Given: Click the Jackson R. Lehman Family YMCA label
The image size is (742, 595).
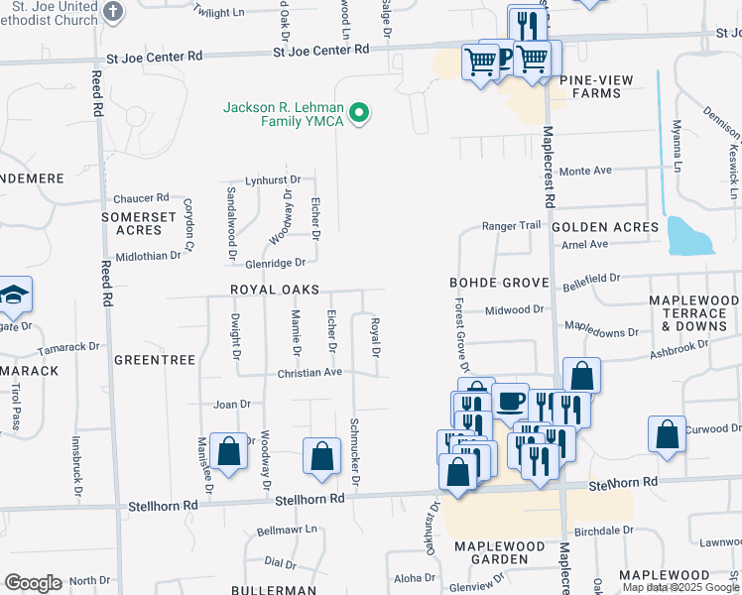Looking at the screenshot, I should (284, 114).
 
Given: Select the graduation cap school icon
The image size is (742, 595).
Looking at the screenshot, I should (14, 294).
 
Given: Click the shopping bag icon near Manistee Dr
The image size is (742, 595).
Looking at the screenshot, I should (229, 452).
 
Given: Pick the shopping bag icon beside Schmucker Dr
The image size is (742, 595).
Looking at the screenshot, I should (322, 456).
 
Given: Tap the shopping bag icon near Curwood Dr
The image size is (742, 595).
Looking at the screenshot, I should (667, 433).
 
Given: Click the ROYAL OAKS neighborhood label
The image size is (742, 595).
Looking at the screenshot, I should (274, 290).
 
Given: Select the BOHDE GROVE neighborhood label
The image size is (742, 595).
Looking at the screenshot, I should (498, 283).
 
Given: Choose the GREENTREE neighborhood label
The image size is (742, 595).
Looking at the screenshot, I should (154, 360).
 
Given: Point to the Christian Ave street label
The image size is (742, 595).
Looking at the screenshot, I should (309, 373).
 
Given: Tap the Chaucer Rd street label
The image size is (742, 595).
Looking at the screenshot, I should (141, 198).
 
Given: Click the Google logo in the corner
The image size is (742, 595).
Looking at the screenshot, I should (33, 583).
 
